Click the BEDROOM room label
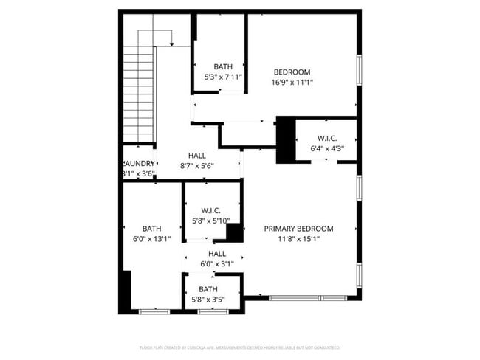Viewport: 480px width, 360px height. click(x=292, y=72)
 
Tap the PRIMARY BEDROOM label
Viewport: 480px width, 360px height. click(x=298, y=229)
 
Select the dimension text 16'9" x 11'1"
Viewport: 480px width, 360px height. click(x=292, y=83)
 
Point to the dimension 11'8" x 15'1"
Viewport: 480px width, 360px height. click(x=298, y=239)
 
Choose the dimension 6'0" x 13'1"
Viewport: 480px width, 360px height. click(x=151, y=239)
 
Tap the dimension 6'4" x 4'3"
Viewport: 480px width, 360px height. click(x=327, y=148)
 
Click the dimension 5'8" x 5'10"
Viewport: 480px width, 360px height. click(x=210, y=221)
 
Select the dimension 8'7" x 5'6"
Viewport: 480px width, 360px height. click(x=197, y=166)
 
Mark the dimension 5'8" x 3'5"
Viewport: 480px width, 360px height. click(x=208, y=300)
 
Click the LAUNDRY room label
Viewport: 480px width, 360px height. click(x=139, y=164)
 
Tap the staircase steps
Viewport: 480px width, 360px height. click(x=138, y=92)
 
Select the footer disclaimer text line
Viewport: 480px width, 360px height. click(x=240, y=347)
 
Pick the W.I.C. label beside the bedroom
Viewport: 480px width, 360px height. click(x=327, y=138)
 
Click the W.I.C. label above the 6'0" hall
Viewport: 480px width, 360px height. click(x=210, y=210)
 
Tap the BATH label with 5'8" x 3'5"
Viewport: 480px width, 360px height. click(x=208, y=289)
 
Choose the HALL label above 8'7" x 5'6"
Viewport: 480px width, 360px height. click(x=197, y=156)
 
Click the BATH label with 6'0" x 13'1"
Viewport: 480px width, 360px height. click(x=151, y=229)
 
